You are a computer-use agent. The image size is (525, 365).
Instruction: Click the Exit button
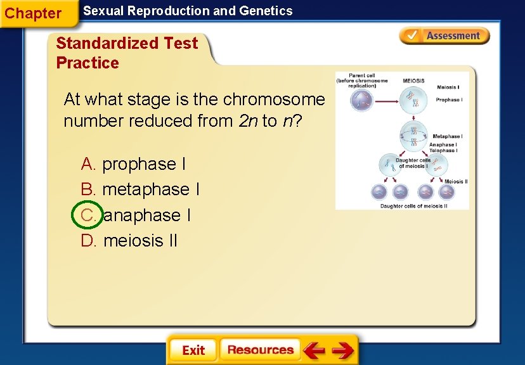193,350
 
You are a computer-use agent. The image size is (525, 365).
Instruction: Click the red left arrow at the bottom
314,350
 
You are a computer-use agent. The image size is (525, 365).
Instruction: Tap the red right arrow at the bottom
342,350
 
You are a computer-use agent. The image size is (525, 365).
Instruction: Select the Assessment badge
444,36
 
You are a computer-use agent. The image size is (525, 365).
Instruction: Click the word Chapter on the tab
33,13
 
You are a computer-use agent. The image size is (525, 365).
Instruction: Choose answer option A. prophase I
134,164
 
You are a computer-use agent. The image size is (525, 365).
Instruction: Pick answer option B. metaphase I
141,189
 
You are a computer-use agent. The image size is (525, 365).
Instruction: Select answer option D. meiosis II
130,241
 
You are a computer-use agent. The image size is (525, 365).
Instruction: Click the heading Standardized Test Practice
126,53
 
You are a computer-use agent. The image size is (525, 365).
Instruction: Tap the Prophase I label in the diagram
449,100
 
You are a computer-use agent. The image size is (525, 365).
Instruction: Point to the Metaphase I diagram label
447,136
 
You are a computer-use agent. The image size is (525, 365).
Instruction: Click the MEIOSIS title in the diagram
413,81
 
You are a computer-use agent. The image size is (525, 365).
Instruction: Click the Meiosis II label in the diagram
456,181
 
